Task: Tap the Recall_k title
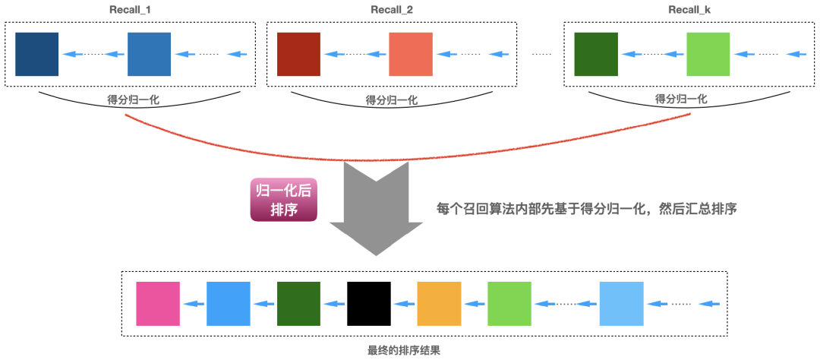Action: click(x=689, y=11)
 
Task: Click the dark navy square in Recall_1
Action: click(x=36, y=54)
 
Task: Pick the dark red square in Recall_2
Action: click(x=298, y=54)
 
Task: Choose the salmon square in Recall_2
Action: click(x=410, y=54)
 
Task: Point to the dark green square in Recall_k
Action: click(x=596, y=54)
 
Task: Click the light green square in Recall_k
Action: click(x=708, y=54)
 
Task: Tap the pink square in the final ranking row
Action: click(x=158, y=304)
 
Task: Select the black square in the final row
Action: click(x=369, y=304)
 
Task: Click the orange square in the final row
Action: click(x=439, y=304)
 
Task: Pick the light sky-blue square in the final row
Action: click(x=621, y=304)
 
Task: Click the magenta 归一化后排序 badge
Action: click(x=282, y=199)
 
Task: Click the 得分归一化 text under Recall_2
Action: click(x=392, y=99)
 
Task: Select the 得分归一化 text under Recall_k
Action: click(x=681, y=99)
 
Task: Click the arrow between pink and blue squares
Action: click(x=194, y=305)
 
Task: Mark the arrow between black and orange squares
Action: click(x=404, y=305)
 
